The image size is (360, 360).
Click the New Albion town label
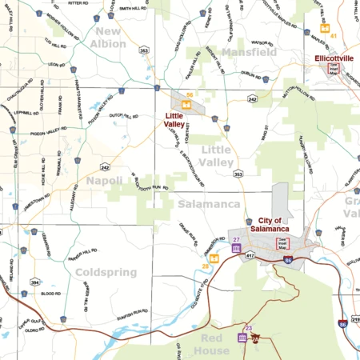[110, 38]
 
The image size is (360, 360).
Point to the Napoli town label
[105, 181]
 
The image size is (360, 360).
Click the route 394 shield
[35, 282]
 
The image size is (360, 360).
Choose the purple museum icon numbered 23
[242, 336]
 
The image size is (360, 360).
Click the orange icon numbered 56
[186, 102]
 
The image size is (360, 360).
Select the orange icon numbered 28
[214, 258]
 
